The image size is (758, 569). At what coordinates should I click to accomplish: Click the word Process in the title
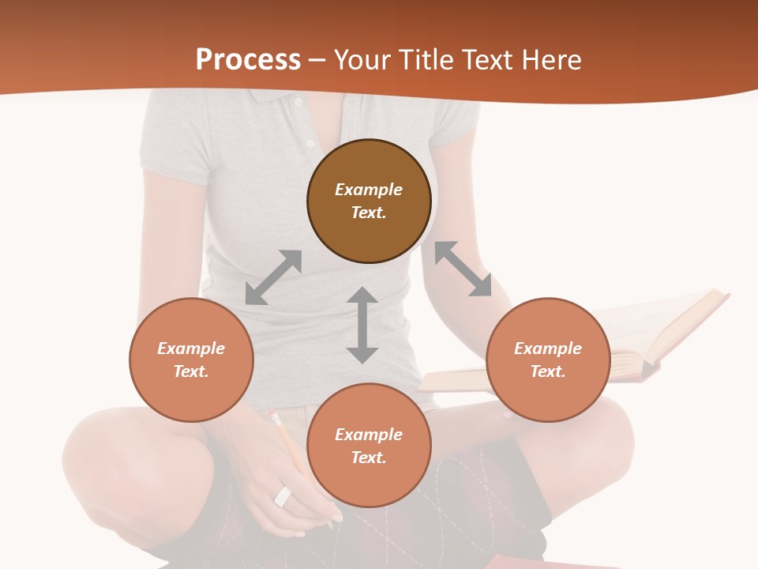tap(248, 60)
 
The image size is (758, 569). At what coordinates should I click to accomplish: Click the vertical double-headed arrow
tap(362, 326)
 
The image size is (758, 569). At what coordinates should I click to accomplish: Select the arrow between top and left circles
tap(273, 277)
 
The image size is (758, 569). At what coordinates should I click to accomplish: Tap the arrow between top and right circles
tap(463, 269)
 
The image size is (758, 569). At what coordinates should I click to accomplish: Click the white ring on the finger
tap(283, 496)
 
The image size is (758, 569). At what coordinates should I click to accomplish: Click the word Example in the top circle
tap(369, 190)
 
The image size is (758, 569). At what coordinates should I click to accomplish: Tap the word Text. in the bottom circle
tap(369, 458)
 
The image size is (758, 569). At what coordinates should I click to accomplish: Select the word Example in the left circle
tap(191, 349)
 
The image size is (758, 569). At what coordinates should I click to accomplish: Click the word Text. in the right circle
tap(548, 371)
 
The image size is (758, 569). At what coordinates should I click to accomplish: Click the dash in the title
tap(317, 60)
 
